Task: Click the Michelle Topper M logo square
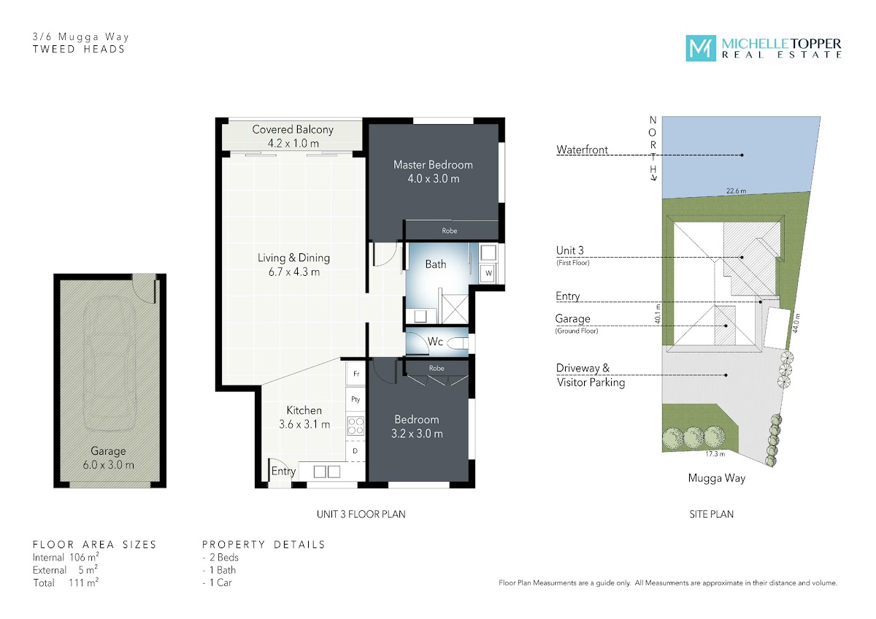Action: click(x=701, y=48)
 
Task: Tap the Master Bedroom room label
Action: click(x=433, y=165)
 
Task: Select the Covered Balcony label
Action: click(x=293, y=129)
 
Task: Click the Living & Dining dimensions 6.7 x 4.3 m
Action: click(x=294, y=272)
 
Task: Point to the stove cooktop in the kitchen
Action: click(x=356, y=426)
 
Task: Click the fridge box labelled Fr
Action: click(x=356, y=374)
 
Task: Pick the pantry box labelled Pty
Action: click(x=356, y=399)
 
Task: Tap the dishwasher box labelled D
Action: click(x=356, y=451)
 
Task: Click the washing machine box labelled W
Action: click(x=488, y=273)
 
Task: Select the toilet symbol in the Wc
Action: click(x=458, y=343)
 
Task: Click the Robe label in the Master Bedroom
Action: click(x=450, y=231)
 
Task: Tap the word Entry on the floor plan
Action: click(x=283, y=472)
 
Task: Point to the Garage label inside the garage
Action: click(x=108, y=451)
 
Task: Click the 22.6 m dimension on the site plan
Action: click(x=736, y=191)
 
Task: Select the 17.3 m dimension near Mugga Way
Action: click(x=715, y=454)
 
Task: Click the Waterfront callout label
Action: click(x=582, y=150)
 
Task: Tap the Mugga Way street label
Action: click(x=716, y=478)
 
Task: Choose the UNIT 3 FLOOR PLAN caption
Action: click(x=361, y=514)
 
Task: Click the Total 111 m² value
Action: click(x=84, y=583)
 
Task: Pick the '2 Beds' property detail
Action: click(x=224, y=557)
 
